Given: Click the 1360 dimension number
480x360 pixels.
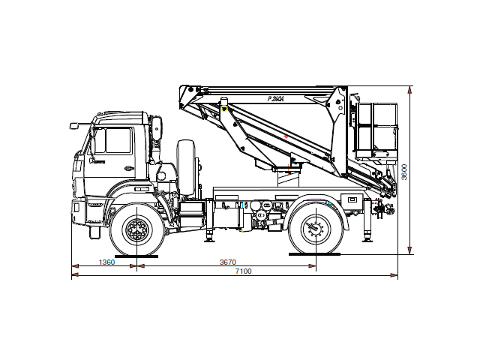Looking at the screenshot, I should pos(106,262).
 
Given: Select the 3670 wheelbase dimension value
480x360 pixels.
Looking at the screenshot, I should pos(228,262).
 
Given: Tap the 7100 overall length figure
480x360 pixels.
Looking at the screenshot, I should pos(242,271).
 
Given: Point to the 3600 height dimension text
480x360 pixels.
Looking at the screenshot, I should pos(404,172).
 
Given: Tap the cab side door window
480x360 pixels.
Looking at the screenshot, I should pos(118,140).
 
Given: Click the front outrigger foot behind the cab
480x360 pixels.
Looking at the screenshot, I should pos(208,238).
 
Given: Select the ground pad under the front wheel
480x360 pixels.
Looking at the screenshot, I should pos(136,255).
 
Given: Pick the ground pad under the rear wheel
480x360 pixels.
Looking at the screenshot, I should pos(315,255).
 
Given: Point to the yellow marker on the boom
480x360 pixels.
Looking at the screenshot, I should pos(223,109).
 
